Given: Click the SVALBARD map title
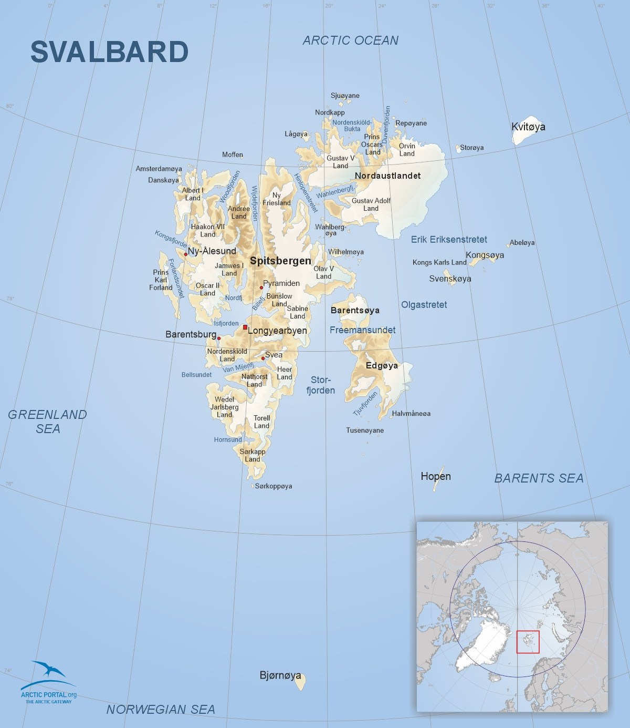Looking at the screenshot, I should (x=109, y=52).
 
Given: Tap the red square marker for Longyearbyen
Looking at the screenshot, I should (x=245, y=327).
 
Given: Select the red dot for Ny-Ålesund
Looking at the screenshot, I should (x=185, y=254).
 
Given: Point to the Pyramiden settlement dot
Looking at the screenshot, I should (x=261, y=288).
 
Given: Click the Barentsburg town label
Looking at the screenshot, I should (x=191, y=334).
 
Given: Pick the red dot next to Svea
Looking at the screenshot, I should (x=263, y=358).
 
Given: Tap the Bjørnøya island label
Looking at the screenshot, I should (x=280, y=675).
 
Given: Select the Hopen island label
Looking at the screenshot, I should (x=436, y=476).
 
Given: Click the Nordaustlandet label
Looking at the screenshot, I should (x=387, y=176).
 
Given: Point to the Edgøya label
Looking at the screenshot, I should (x=382, y=365).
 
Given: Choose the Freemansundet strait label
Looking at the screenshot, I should (x=362, y=330).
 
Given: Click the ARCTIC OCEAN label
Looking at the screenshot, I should (x=350, y=40).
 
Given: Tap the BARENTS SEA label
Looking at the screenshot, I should (x=539, y=478).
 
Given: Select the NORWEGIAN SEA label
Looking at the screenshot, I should (x=161, y=710).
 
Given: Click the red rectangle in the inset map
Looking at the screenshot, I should (x=528, y=642).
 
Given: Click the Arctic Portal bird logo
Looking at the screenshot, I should (x=48, y=670).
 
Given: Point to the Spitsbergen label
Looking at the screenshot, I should (x=280, y=261).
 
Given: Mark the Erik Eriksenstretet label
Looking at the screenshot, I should (x=449, y=240).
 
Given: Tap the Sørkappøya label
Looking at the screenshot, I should (x=274, y=486).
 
